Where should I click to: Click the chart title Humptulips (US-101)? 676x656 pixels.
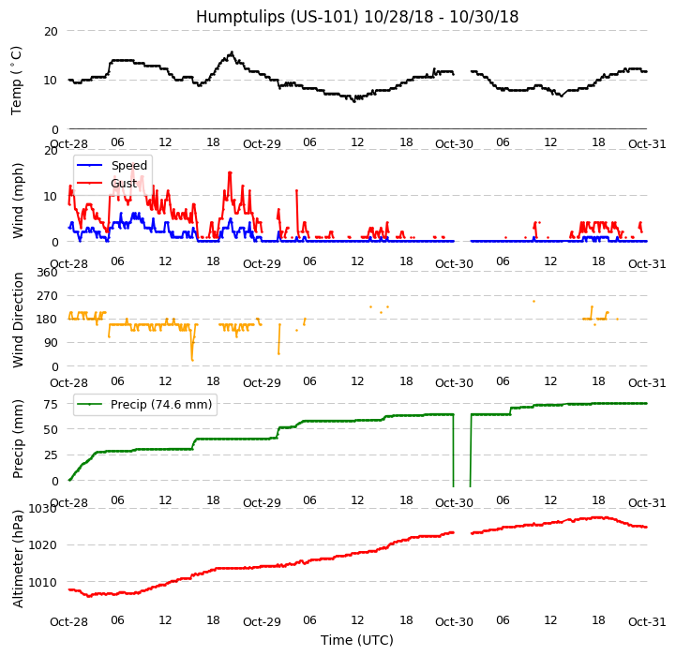[x=356, y=17]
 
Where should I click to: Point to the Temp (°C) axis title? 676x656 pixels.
[x=17, y=80]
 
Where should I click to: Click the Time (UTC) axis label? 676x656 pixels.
[x=356, y=640]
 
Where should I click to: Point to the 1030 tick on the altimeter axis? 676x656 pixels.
[x=43, y=509]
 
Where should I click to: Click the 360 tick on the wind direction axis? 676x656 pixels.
[x=48, y=273]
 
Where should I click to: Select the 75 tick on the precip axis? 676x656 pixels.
[x=52, y=404]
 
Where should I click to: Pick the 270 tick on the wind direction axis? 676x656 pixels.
[x=48, y=296]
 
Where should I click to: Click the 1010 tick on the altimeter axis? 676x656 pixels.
[x=43, y=582]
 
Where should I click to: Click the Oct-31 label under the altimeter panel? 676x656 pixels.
[x=647, y=622]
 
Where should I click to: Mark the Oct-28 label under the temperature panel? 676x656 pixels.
[x=68, y=143]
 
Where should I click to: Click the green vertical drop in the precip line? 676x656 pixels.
[x=454, y=450]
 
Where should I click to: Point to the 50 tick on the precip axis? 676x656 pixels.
[x=52, y=429]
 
